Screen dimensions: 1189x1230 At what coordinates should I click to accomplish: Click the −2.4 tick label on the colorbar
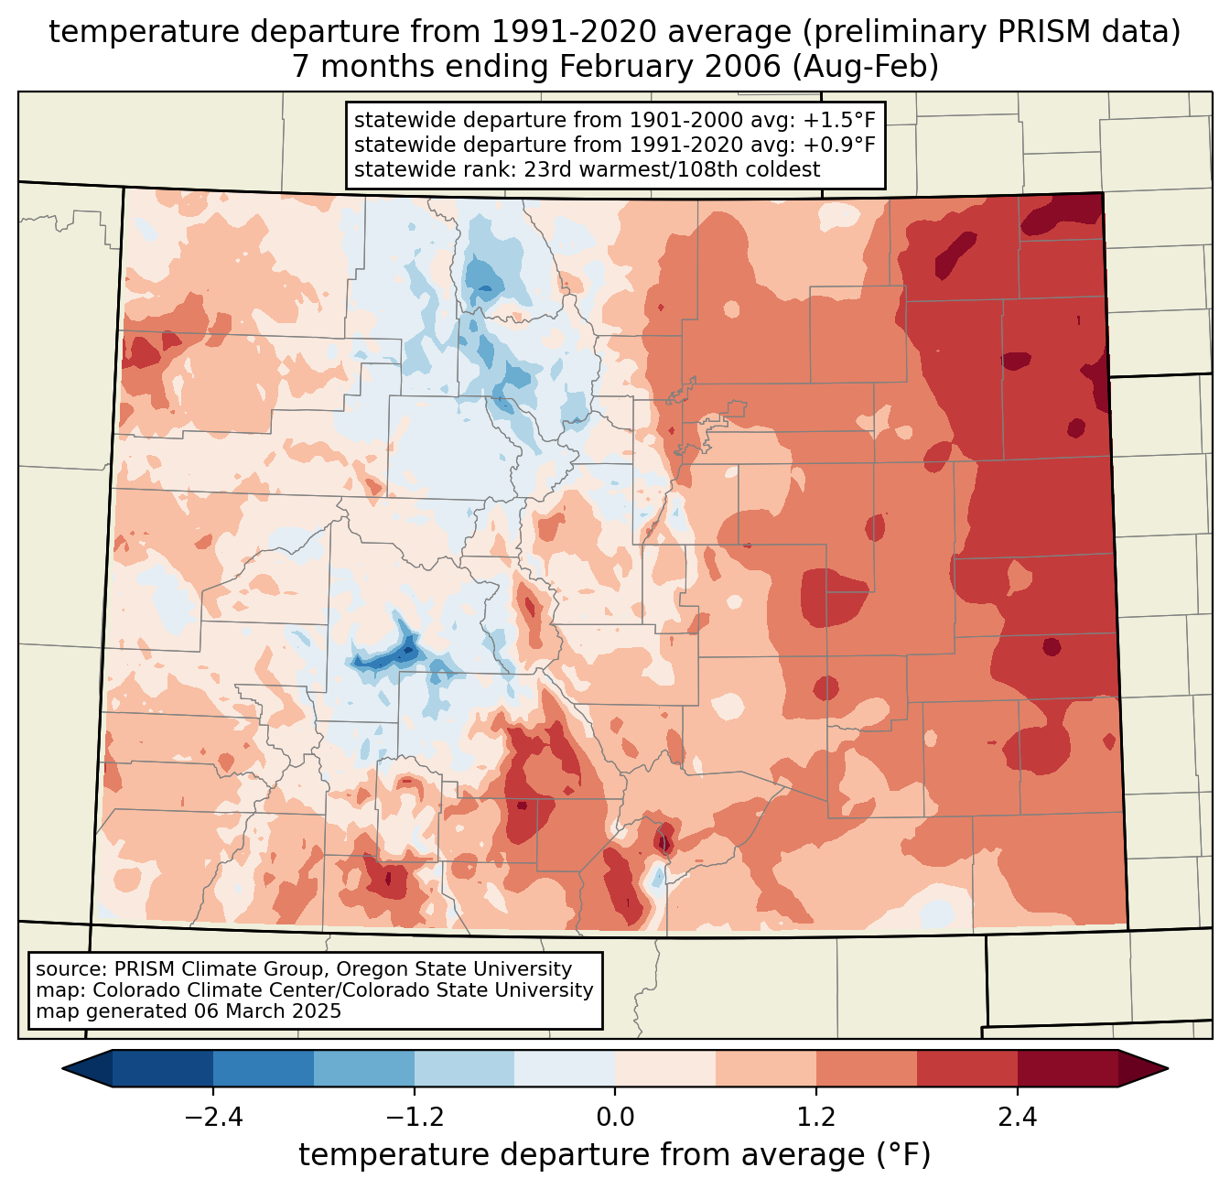tap(213, 1118)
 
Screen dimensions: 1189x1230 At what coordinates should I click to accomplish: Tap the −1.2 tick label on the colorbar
tap(414, 1118)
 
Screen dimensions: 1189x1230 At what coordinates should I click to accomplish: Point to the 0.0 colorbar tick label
tap(615, 1118)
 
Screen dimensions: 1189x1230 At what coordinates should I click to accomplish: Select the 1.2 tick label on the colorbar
tap(816, 1118)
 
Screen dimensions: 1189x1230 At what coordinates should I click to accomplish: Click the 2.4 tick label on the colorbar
tap(1017, 1118)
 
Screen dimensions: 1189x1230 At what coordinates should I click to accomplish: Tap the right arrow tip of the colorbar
tap(1165, 1068)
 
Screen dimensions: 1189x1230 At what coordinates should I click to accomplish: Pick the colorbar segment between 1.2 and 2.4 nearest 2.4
tap(966, 1068)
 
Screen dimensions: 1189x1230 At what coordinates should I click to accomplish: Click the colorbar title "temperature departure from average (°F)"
tap(614, 1155)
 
